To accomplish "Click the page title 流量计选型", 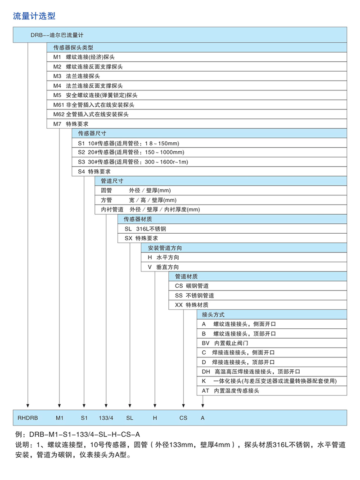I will (x=35, y=16).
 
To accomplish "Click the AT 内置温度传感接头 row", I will (x=230, y=391).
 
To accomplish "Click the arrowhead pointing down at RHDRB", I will (x=28, y=405).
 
